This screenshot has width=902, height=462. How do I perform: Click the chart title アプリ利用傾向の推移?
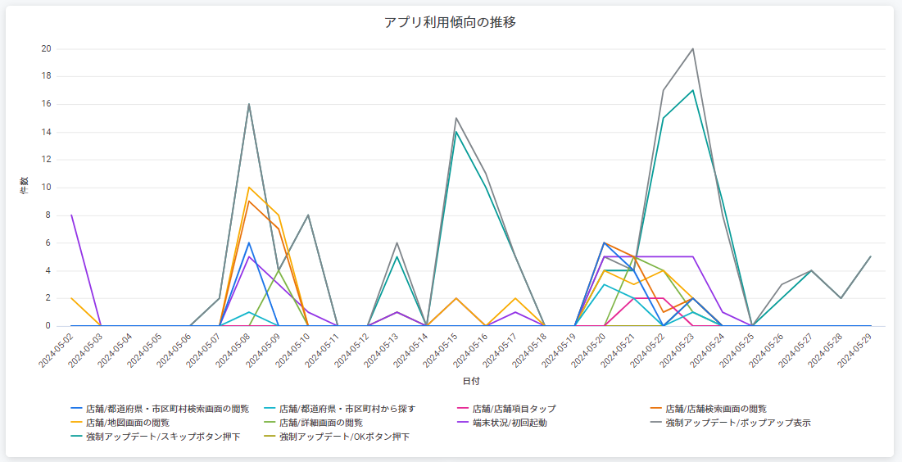450,22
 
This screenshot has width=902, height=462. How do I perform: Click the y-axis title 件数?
24,187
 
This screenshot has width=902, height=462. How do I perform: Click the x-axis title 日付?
471,382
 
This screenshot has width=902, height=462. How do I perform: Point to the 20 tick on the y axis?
47,48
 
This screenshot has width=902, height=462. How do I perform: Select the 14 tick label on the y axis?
47,132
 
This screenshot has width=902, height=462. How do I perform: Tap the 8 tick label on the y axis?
48,215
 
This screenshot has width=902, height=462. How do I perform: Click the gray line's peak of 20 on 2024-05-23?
693,48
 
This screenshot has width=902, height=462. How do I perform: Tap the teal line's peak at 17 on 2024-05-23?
693,90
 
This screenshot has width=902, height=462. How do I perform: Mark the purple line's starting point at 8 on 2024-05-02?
71,215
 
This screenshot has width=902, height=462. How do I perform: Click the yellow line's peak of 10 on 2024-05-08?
249,188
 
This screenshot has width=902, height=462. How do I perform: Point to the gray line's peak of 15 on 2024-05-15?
456,118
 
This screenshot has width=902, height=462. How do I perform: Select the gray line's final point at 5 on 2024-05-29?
871,256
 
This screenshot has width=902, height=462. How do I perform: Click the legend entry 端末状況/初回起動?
509,423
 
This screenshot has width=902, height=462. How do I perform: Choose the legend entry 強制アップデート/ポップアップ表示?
738,423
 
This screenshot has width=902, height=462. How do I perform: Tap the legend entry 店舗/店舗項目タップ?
514,408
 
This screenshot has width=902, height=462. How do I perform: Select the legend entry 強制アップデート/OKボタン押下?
344,437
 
